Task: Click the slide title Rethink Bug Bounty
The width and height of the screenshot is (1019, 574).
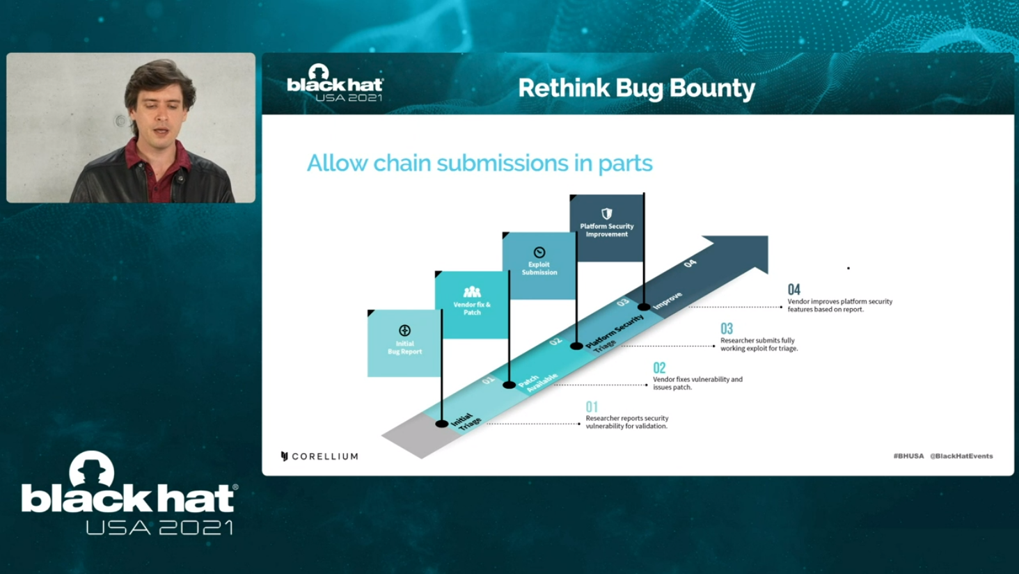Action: point(636,88)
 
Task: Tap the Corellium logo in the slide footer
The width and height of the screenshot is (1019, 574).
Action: point(319,456)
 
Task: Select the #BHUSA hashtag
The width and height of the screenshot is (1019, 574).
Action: point(908,456)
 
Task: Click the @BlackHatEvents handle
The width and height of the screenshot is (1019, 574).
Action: point(961,456)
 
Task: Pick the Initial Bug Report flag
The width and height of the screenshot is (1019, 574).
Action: point(404,344)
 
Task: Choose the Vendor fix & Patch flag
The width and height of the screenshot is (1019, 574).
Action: point(471,305)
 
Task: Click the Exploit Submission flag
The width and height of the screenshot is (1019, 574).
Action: point(539,266)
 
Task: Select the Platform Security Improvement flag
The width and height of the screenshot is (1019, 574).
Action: point(606,228)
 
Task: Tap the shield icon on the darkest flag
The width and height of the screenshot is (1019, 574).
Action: point(607,214)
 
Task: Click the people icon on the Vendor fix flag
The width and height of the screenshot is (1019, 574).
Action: point(472,292)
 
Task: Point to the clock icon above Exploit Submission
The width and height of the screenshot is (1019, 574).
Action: point(539,253)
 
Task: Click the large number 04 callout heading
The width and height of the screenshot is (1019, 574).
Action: point(793,289)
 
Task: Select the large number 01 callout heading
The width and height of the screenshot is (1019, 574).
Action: point(592,406)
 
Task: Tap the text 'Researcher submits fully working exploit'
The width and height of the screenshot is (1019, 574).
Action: point(759,344)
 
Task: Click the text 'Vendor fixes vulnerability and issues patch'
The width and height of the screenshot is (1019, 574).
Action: point(697,383)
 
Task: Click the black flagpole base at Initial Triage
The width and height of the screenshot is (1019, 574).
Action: point(441,424)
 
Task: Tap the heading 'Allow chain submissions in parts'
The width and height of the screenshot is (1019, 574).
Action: point(480,164)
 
